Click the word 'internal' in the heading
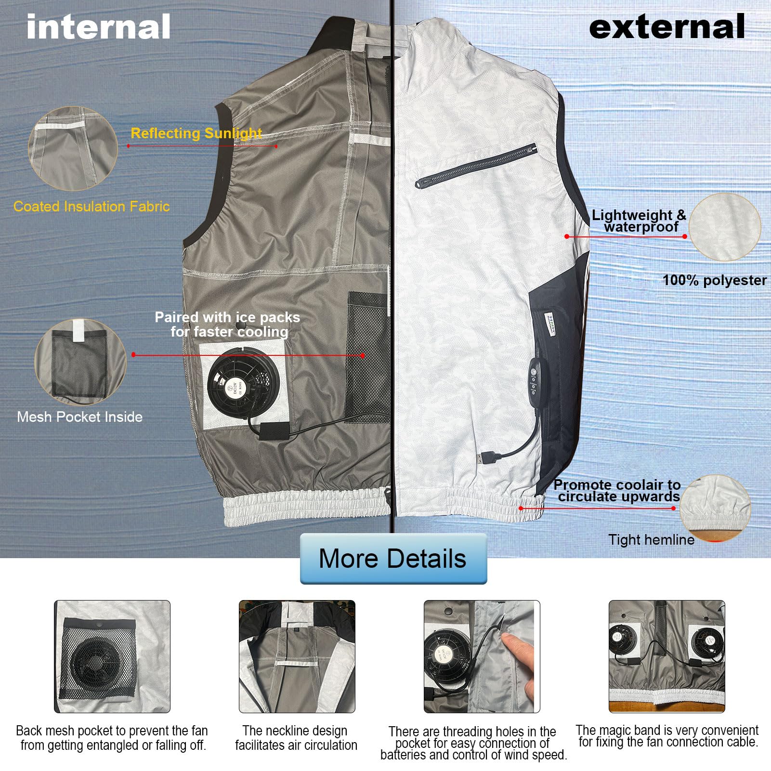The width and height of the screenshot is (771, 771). (x=98, y=27)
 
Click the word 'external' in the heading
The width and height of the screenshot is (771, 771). (x=667, y=27)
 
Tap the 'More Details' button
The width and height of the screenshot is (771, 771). (x=393, y=559)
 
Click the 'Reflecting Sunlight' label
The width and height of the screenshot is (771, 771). (x=196, y=133)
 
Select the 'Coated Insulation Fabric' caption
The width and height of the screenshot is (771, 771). (x=91, y=207)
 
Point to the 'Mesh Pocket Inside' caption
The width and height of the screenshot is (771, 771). (x=80, y=417)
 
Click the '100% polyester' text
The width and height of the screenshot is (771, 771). (x=714, y=280)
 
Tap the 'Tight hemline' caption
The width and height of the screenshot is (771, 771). (x=651, y=540)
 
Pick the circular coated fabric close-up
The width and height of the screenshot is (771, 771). (x=72, y=148)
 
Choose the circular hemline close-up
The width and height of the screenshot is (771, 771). (x=715, y=508)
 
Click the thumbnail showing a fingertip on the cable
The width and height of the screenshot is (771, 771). (x=482, y=656)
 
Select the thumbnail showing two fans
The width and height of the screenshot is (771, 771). (x=666, y=656)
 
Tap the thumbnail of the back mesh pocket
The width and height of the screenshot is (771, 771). (x=112, y=656)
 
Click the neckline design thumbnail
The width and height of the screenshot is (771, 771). (x=297, y=656)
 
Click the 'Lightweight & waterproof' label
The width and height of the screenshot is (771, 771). (x=639, y=221)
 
